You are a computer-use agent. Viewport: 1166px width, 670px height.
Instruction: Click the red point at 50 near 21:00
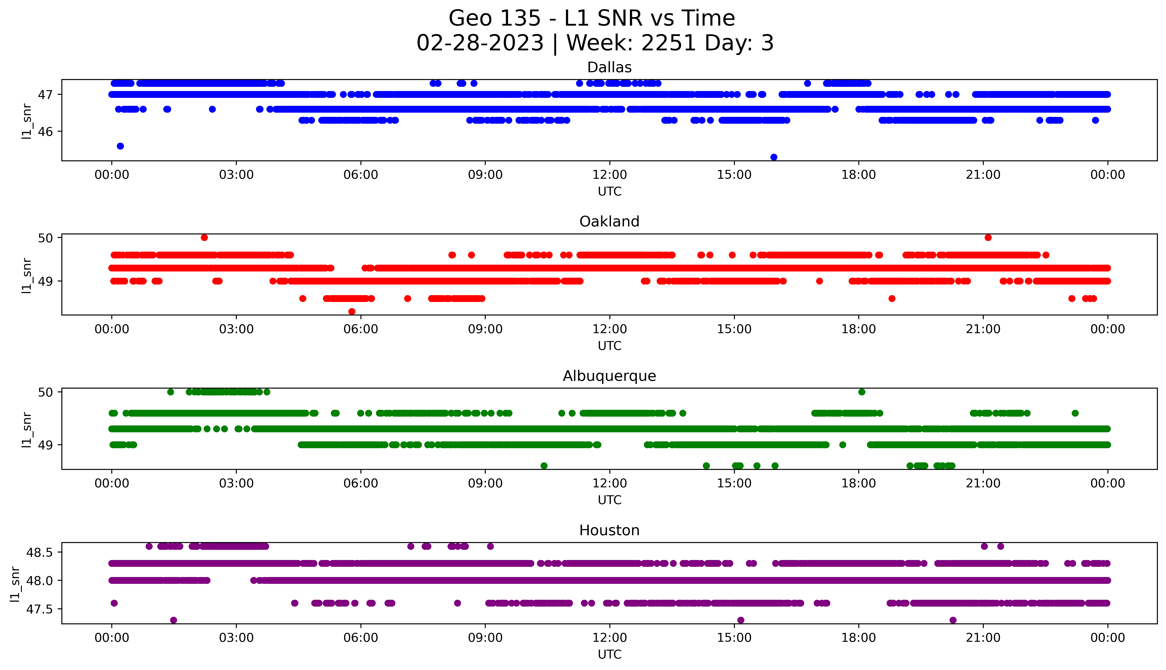(988, 237)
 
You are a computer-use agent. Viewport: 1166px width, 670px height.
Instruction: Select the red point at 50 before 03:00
(204, 237)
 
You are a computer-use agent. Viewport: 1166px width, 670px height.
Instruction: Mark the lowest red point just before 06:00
(352, 311)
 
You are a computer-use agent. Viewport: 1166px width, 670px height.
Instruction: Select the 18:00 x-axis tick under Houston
(859, 638)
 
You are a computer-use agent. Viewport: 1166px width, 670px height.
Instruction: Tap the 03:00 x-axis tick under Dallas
(236, 175)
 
